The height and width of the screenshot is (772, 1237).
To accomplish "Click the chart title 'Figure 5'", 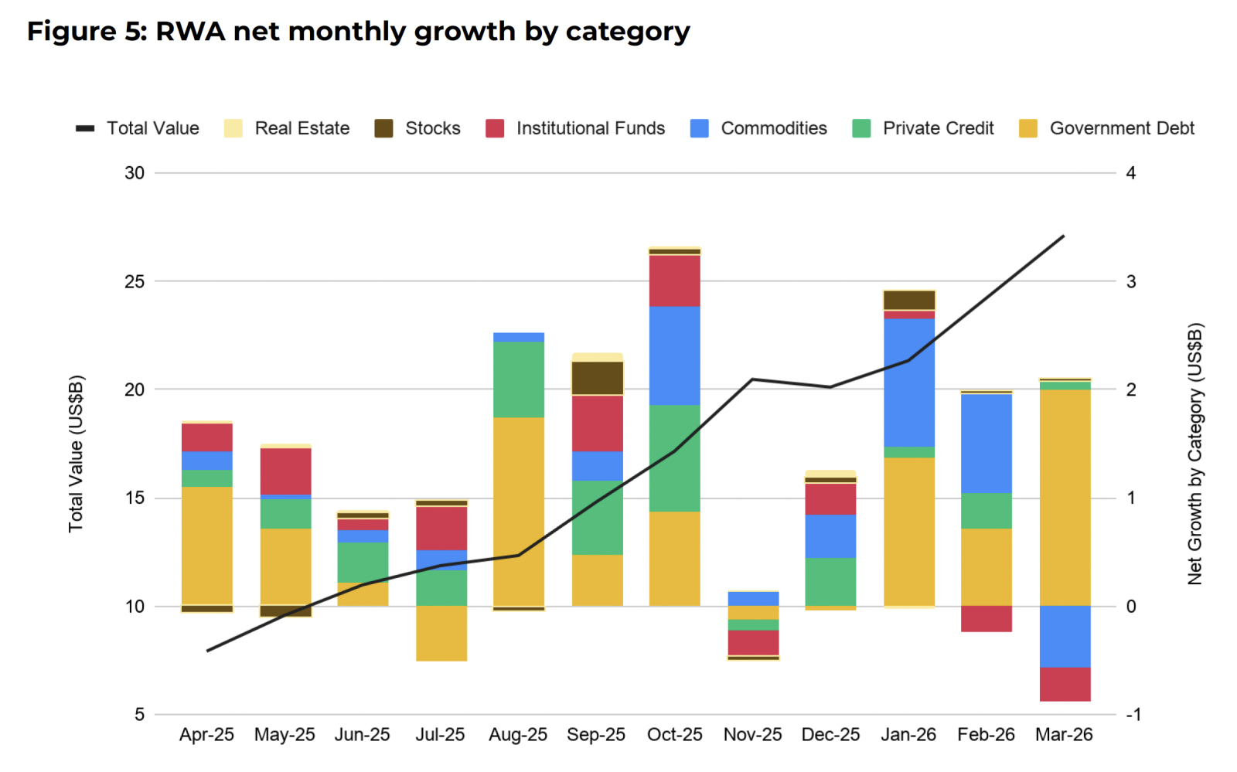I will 358,32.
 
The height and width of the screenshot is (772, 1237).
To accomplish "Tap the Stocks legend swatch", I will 383,128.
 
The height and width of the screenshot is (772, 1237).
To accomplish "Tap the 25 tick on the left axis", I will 135,281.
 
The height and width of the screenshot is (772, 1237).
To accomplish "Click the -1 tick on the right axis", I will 1133,715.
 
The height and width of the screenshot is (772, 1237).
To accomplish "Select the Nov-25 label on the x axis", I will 752,735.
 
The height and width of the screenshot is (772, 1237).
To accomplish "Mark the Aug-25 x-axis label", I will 517,735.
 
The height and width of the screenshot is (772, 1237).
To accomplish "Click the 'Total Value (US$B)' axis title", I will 75,454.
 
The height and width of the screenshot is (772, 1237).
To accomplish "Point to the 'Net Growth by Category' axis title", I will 1195,454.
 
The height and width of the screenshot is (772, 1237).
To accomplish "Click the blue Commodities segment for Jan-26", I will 908,383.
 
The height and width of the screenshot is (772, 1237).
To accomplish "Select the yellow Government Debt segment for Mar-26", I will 1065,497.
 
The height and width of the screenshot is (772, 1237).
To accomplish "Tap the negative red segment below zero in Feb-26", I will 986,618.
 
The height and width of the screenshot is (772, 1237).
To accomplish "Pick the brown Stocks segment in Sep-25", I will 597,378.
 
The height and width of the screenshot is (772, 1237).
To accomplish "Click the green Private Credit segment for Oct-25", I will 674,457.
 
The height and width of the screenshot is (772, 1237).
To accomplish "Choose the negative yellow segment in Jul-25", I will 441,633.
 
